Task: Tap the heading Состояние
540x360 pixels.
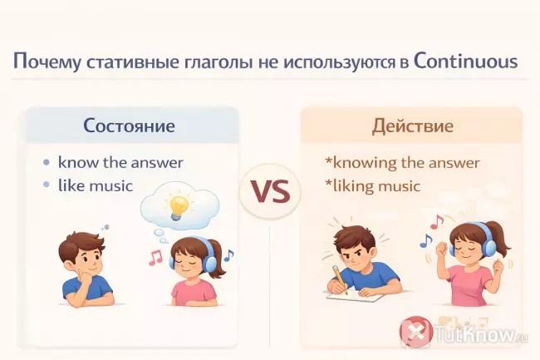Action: pos(129,127)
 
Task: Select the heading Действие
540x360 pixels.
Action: pos(412,127)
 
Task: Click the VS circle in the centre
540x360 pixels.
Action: pos(270,190)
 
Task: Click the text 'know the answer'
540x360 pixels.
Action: pos(120,161)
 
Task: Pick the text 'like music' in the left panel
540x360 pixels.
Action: pos(96,185)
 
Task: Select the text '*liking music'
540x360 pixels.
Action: pos(373,185)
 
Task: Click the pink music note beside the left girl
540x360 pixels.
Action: pos(155,258)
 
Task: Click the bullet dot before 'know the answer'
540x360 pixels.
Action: pos(47,162)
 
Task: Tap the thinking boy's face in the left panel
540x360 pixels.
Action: pos(81,254)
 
